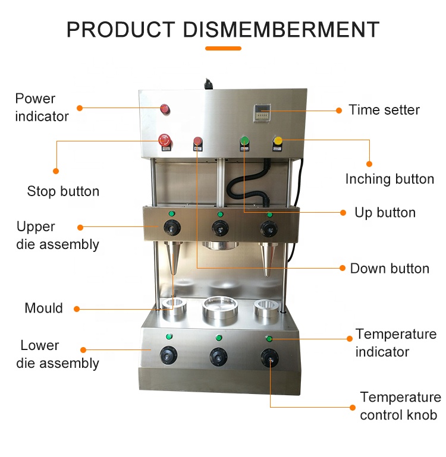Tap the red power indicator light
pos(164,109)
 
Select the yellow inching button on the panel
pos(278,141)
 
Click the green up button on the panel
pos(244,141)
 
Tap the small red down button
pos(197,142)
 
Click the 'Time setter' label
pos(384,110)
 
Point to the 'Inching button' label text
pos(390,179)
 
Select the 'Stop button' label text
pos(63,191)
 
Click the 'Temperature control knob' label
pos(400,406)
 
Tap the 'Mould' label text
pos(43,308)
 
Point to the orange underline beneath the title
pos(223,48)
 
